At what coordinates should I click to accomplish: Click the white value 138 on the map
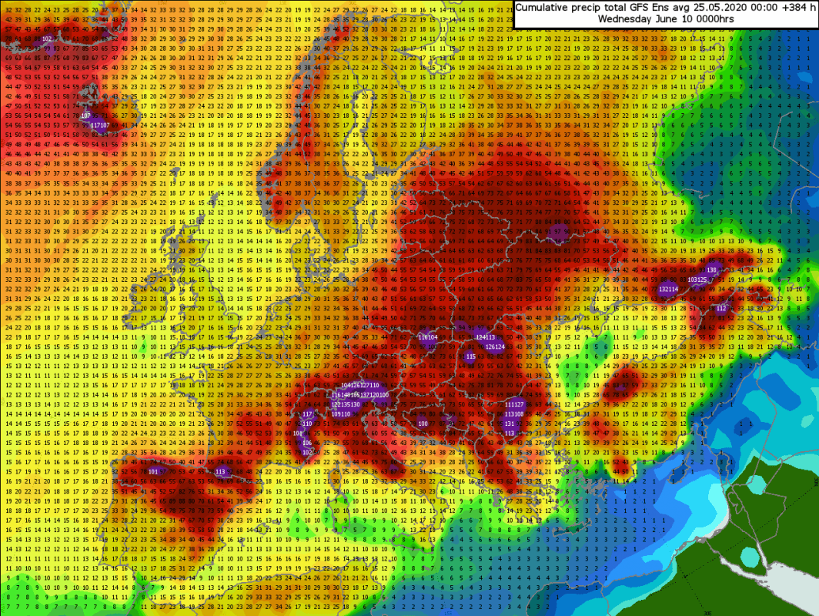[711, 270]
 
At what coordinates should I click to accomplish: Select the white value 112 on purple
[721, 308]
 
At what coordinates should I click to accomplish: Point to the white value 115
[471, 357]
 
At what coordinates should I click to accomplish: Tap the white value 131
[510, 423]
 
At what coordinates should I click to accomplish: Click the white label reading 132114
[668, 290]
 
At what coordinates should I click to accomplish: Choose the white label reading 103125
[697, 280]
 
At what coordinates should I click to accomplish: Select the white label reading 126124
[495, 346]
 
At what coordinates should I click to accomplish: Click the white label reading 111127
[514, 404]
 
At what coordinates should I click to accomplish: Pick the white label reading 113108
[514, 414]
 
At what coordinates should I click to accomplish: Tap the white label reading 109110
[341, 413]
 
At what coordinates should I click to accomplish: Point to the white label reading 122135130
[346, 404]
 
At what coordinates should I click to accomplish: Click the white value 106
[307, 443]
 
